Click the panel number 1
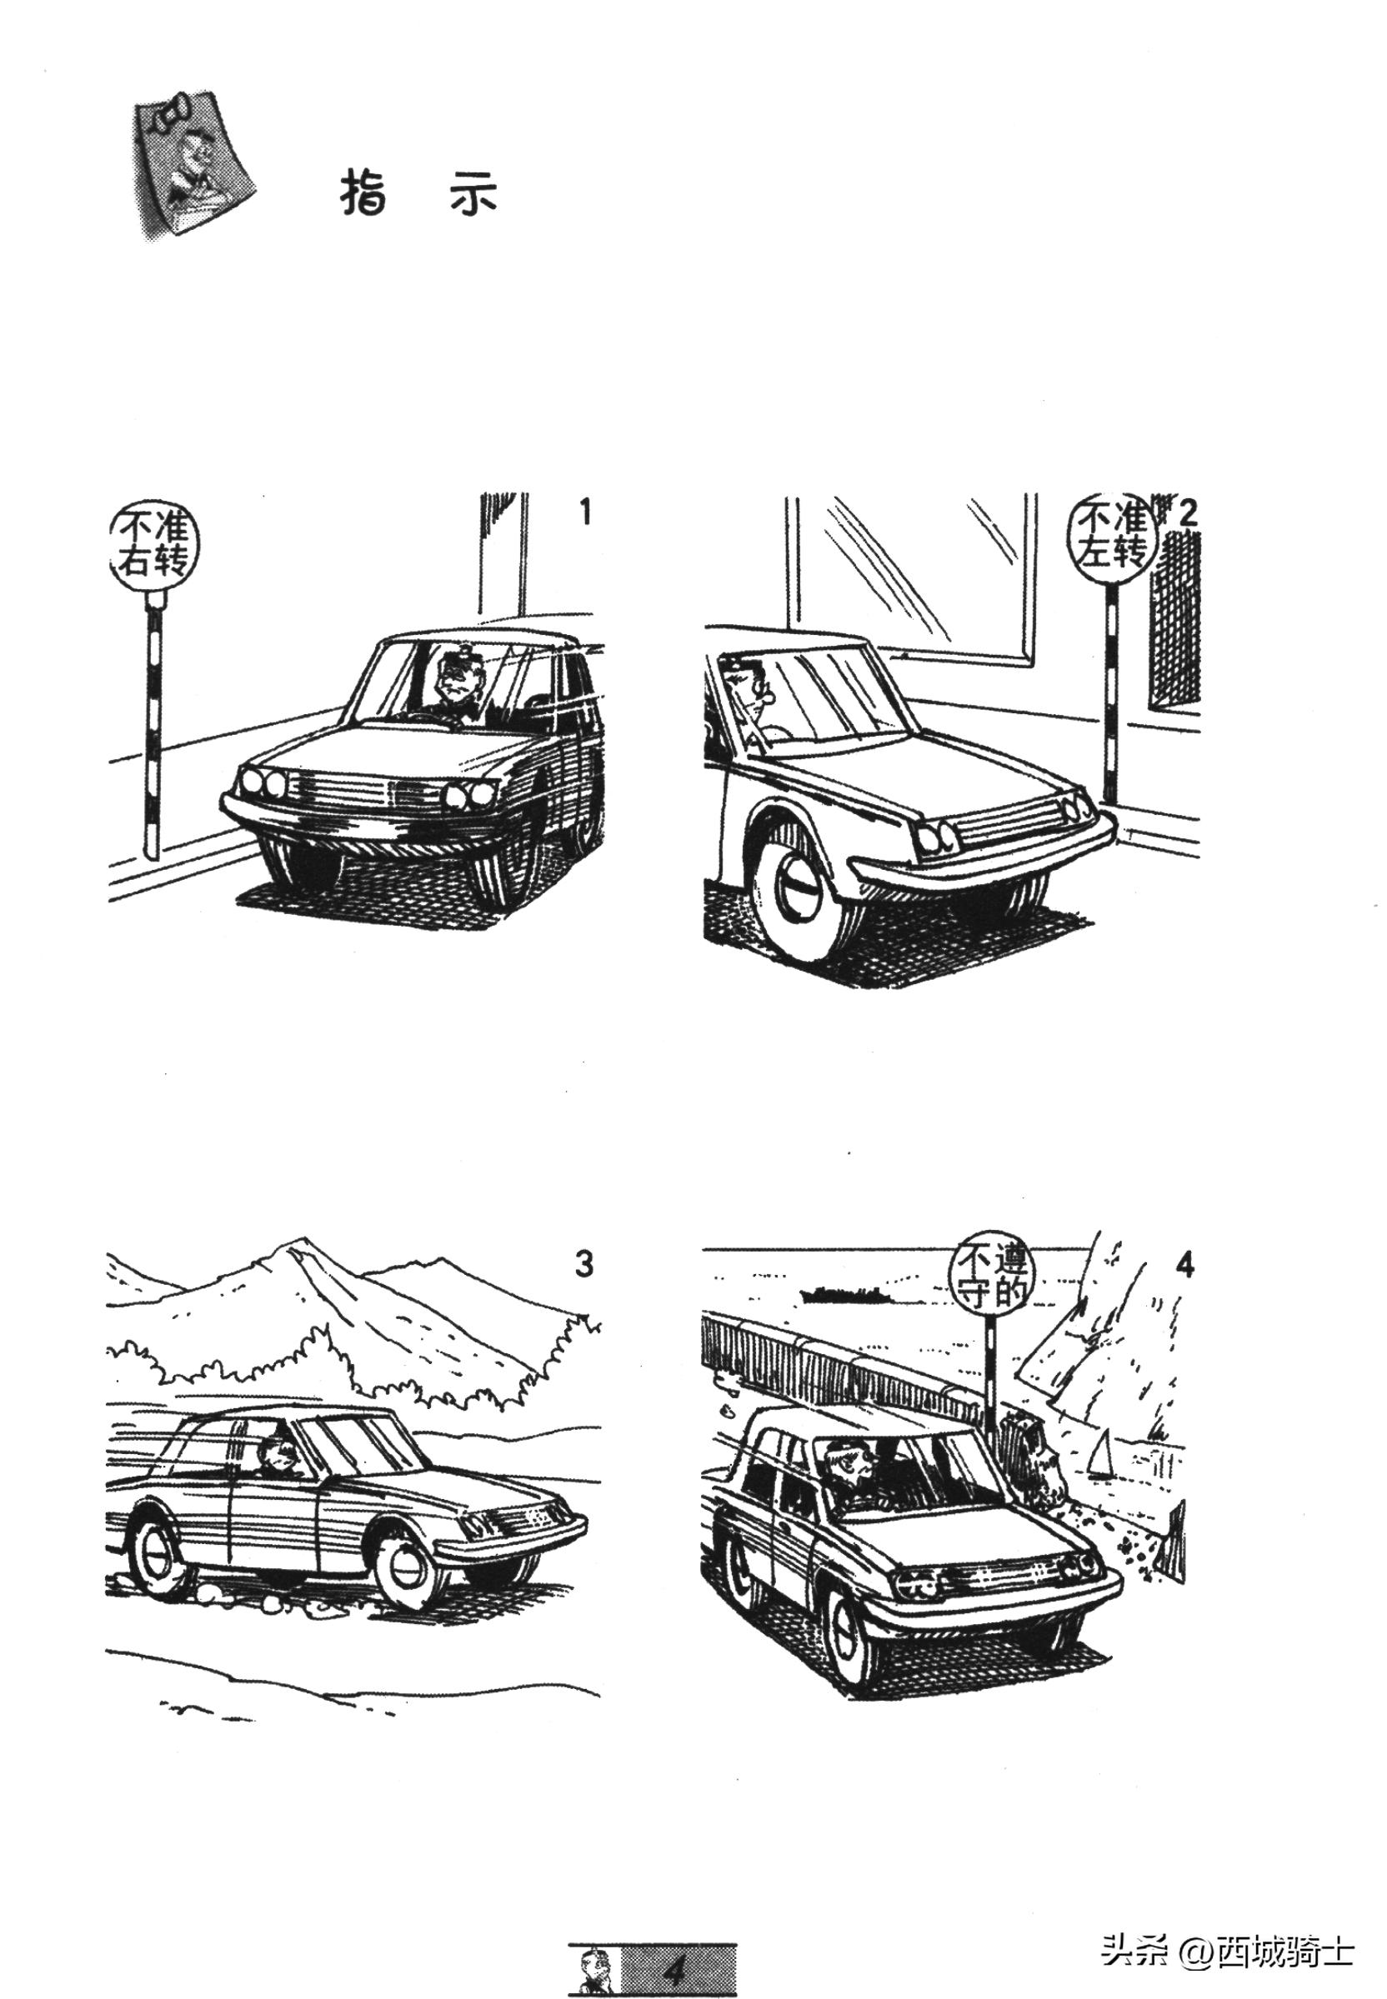(586, 512)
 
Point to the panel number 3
(584, 1264)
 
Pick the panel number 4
(1184, 1266)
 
